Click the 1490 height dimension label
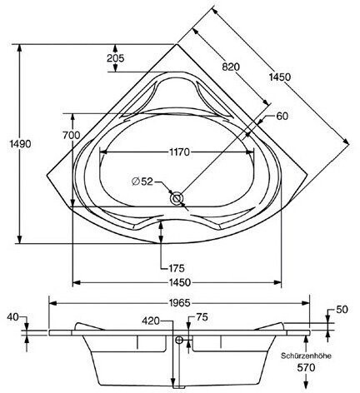coord(20,144)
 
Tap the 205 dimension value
coord(116,58)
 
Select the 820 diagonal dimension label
coord(231,67)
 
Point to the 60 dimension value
coord(282,116)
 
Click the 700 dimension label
coord(72,136)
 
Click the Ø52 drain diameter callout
coord(142,182)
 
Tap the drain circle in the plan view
coord(177,199)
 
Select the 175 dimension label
coord(177,268)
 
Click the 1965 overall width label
coord(180,303)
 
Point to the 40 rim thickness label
coord(12,317)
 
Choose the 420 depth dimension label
coord(151,321)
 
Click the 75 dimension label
coord(202,317)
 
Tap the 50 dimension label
coord(342,310)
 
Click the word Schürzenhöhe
coord(306,356)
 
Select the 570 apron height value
coord(306,368)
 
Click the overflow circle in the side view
coord(179,340)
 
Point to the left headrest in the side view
coord(88,326)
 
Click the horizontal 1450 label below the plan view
coord(180,283)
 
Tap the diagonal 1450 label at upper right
coord(279,77)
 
